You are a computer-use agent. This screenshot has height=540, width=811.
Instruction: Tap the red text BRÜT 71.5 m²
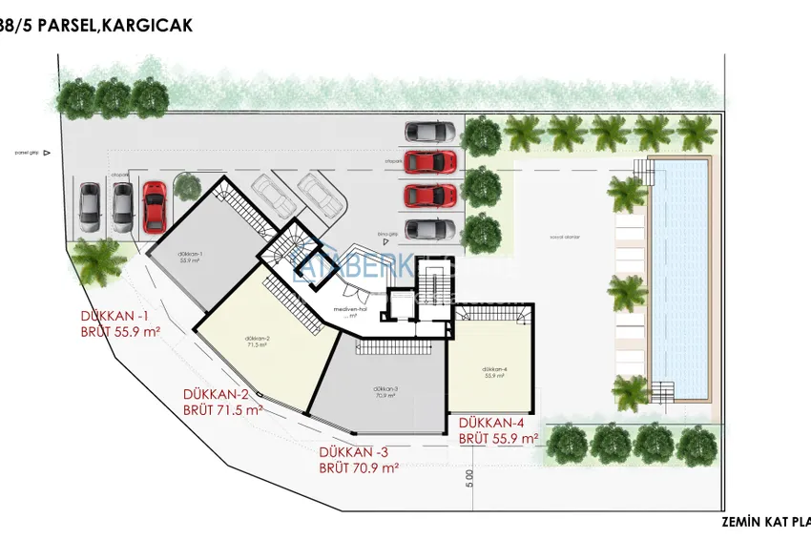coord(222,410)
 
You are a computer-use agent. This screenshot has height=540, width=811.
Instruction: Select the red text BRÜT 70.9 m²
coord(359,468)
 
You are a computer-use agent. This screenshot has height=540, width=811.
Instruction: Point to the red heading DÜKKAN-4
coord(491,423)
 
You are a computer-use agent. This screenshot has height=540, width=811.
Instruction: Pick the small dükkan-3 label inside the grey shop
coord(386,388)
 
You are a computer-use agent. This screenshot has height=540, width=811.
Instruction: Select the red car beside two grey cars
coord(154,205)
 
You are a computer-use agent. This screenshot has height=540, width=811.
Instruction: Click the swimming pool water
coord(678,277)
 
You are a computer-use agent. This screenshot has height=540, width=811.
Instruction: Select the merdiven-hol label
coord(344,309)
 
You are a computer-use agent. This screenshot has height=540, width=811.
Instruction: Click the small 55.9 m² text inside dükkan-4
coord(493,376)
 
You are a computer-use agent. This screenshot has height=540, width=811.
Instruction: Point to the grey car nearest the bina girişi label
coord(429,230)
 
